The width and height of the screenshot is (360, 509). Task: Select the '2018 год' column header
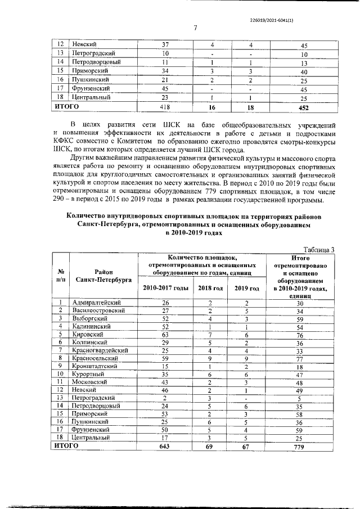211,288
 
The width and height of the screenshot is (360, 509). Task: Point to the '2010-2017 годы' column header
165,288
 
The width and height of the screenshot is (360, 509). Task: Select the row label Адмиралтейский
96,303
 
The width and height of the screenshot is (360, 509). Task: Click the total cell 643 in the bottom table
165,445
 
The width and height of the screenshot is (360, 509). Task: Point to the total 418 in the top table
165,106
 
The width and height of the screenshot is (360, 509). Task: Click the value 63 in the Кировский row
165,334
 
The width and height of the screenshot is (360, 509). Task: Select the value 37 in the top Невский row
165,44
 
